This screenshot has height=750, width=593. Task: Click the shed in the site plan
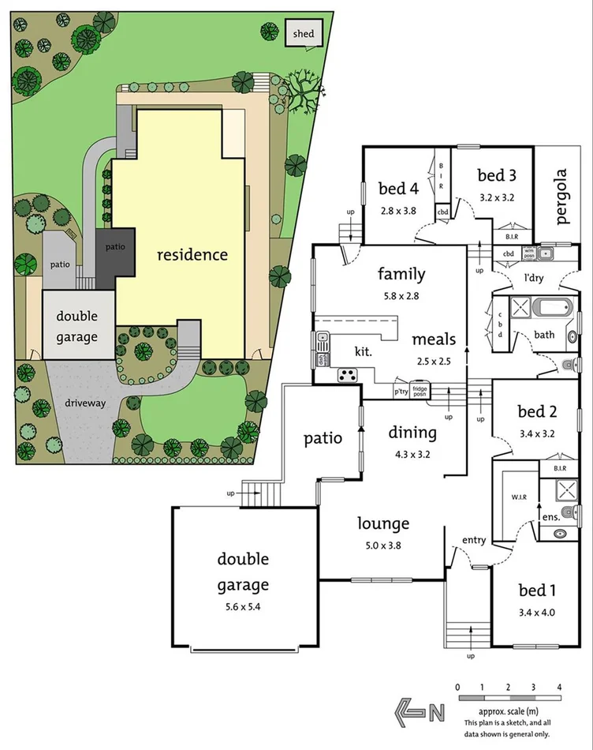point(303,33)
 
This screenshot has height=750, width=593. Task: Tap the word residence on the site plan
point(192,255)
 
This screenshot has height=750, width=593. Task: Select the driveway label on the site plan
point(86,403)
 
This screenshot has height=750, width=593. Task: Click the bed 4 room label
point(398,189)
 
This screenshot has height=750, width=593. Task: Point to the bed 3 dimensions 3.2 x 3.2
point(497,198)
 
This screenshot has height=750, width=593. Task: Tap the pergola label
point(561,197)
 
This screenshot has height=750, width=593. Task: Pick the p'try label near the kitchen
point(401,392)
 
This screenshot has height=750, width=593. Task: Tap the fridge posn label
point(420,390)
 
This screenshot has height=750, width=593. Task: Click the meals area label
point(434,339)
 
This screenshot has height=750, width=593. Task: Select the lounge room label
point(383,523)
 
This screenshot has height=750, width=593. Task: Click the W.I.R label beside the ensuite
point(517,497)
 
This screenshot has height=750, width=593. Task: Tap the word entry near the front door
point(475,540)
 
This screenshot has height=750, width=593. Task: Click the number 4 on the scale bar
point(559,688)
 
